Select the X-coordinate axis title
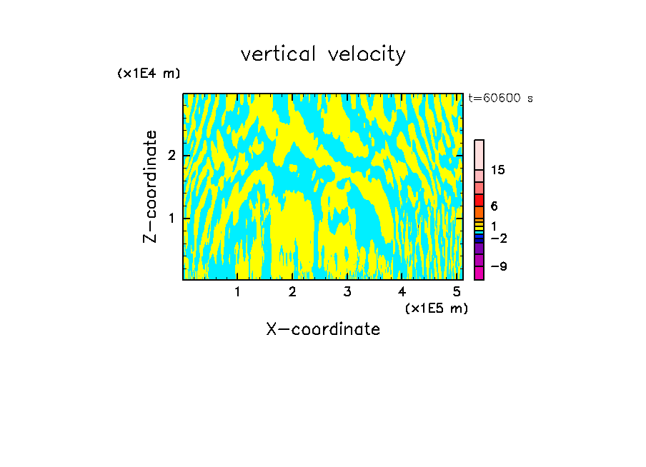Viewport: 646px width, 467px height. (x=323, y=329)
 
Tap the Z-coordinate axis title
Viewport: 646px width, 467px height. (x=150, y=186)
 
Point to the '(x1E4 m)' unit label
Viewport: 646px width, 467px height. (x=149, y=74)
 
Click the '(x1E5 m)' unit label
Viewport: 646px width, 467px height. (x=436, y=308)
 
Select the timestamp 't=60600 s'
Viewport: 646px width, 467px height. (x=500, y=99)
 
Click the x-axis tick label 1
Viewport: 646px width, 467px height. (x=237, y=291)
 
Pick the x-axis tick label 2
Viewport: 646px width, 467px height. (x=292, y=291)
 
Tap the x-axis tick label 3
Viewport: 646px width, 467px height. (x=347, y=291)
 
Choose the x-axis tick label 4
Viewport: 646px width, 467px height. (x=402, y=291)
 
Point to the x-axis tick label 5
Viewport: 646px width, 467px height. (x=457, y=291)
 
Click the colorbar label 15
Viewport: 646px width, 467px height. (x=498, y=170)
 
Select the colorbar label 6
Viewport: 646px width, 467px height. (x=494, y=206)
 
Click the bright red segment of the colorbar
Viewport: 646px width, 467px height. (x=479, y=200)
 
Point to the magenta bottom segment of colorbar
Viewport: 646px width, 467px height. (x=479, y=273)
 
